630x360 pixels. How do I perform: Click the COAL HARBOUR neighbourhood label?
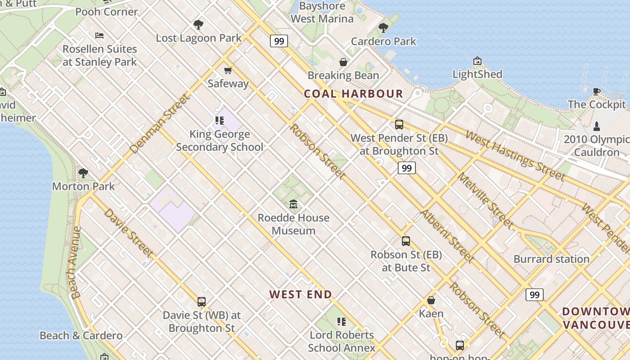pyautogui.click(x=353, y=94)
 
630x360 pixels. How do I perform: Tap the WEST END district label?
pyautogui.click(x=301, y=295)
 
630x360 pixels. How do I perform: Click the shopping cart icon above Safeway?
pyautogui.click(x=228, y=70)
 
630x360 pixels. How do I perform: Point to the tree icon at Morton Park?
pyautogui.click(x=83, y=173)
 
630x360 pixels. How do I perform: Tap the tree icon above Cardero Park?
pyautogui.click(x=383, y=28)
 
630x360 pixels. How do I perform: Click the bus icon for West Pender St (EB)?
pyautogui.click(x=399, y=125)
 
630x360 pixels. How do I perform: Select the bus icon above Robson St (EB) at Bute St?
pyautogui.click(x=406, y=241)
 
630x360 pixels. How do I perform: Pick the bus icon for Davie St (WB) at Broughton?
pyautogui.click(x=202, y=302)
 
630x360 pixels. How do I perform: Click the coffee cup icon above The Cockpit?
pyautogui.click(x=597, y=91)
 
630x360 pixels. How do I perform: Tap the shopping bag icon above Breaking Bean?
pyautogui.click(x=343, y=62)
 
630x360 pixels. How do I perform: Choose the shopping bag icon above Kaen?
pyautogui.click(x=431, y=300)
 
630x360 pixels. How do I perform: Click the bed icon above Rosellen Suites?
pyautogui.click(x=99, y=36)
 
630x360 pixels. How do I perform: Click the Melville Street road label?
pyautogui.click(x=485, y=200)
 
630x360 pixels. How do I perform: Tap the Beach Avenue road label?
pyautogui.click(x=75, y=262)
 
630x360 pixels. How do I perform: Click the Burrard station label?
pyautogui.click(x=551, y=259)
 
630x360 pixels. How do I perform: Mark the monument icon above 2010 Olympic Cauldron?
pyautogui.click(x=597, y=126)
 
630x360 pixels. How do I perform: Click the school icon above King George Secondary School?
pyautogui.click(x=220, y=121)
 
